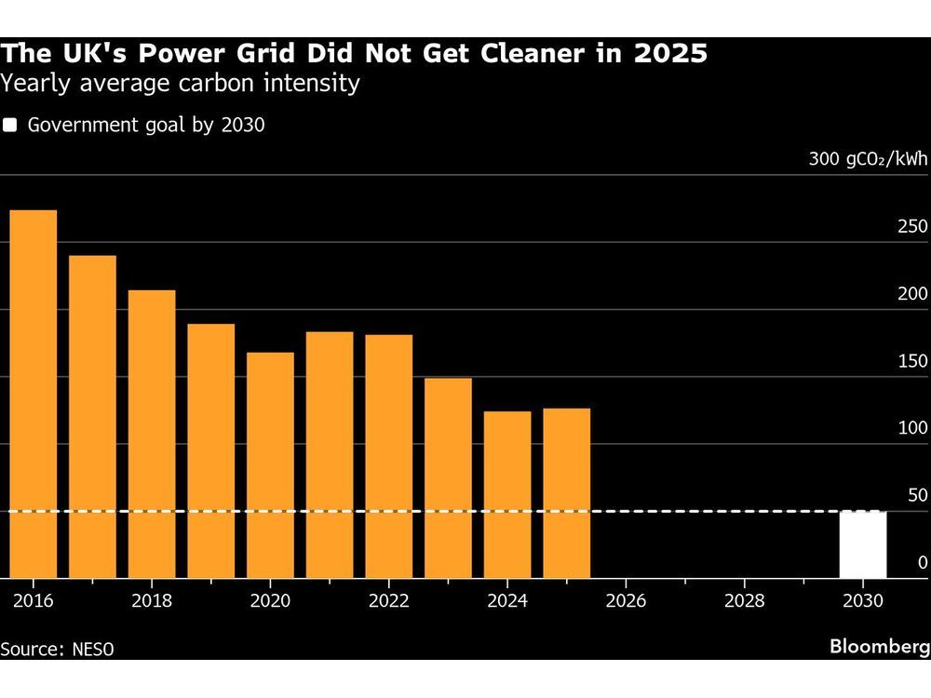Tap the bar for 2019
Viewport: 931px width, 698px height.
[210, 450]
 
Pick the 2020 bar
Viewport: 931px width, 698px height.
[270, 464]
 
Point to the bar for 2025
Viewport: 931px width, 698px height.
[566, 492]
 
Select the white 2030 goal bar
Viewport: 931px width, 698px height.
[863, 544]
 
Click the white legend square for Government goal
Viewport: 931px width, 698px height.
[10, 126]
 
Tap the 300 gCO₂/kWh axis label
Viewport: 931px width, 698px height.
[868, 159]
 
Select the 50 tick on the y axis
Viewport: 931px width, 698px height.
[917, 495]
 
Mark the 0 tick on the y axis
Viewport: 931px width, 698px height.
[922, 562]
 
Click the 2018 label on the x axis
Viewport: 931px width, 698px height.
[151, 601]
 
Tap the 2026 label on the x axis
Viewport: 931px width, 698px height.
[626, 601]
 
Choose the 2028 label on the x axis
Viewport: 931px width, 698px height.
[745, 601]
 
